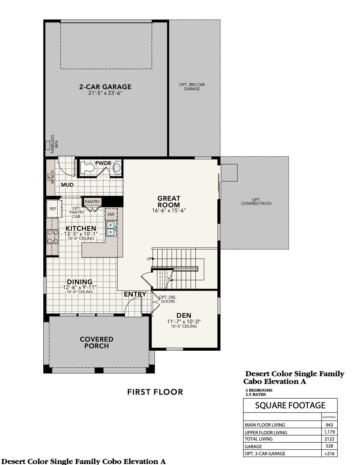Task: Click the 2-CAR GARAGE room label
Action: [x=105, y=87]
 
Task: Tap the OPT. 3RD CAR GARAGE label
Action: [x=192, y=87]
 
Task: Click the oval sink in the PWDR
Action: [x=117, y=168]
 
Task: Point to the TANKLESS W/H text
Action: [x=54, y=144]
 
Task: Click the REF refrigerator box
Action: [x=53, y=209]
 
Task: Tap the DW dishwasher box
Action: [x=111, y=214]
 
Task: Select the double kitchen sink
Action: [x=111, y=228]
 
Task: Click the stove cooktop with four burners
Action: [x=53, y=236]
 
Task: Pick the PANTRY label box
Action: [x=92, y=202]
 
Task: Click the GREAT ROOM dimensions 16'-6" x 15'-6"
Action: [x=168, y=210]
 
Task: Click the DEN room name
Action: [x=184, y=315]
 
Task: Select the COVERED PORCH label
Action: [x=96, y=343]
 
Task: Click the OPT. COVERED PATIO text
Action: [x=256, y=202]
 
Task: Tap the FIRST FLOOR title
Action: [x=155, y=392]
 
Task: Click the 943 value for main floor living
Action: [x=329, y=425]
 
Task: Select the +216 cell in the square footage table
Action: [x=329, y=453]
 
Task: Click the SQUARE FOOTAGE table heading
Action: [x=290, y=406]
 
